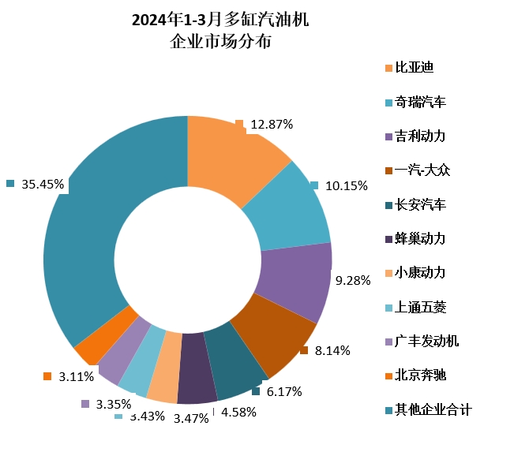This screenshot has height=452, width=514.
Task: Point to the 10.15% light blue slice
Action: (288, 205)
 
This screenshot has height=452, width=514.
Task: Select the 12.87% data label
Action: (272, 124)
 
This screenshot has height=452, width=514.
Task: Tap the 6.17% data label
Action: (284, 391)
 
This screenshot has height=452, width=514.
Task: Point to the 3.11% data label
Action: (76, 377)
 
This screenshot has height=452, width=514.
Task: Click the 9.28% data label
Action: (353, 280)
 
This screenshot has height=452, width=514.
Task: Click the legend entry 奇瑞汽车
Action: (420, 102)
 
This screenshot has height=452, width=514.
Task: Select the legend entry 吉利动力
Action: (420, 136)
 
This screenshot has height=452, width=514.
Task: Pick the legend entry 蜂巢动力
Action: (420, 238)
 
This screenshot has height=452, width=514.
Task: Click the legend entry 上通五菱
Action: (420, 307)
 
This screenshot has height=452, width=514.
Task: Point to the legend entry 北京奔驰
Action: (420, 375)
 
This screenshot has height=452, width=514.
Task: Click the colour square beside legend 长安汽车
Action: (388, 205)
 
